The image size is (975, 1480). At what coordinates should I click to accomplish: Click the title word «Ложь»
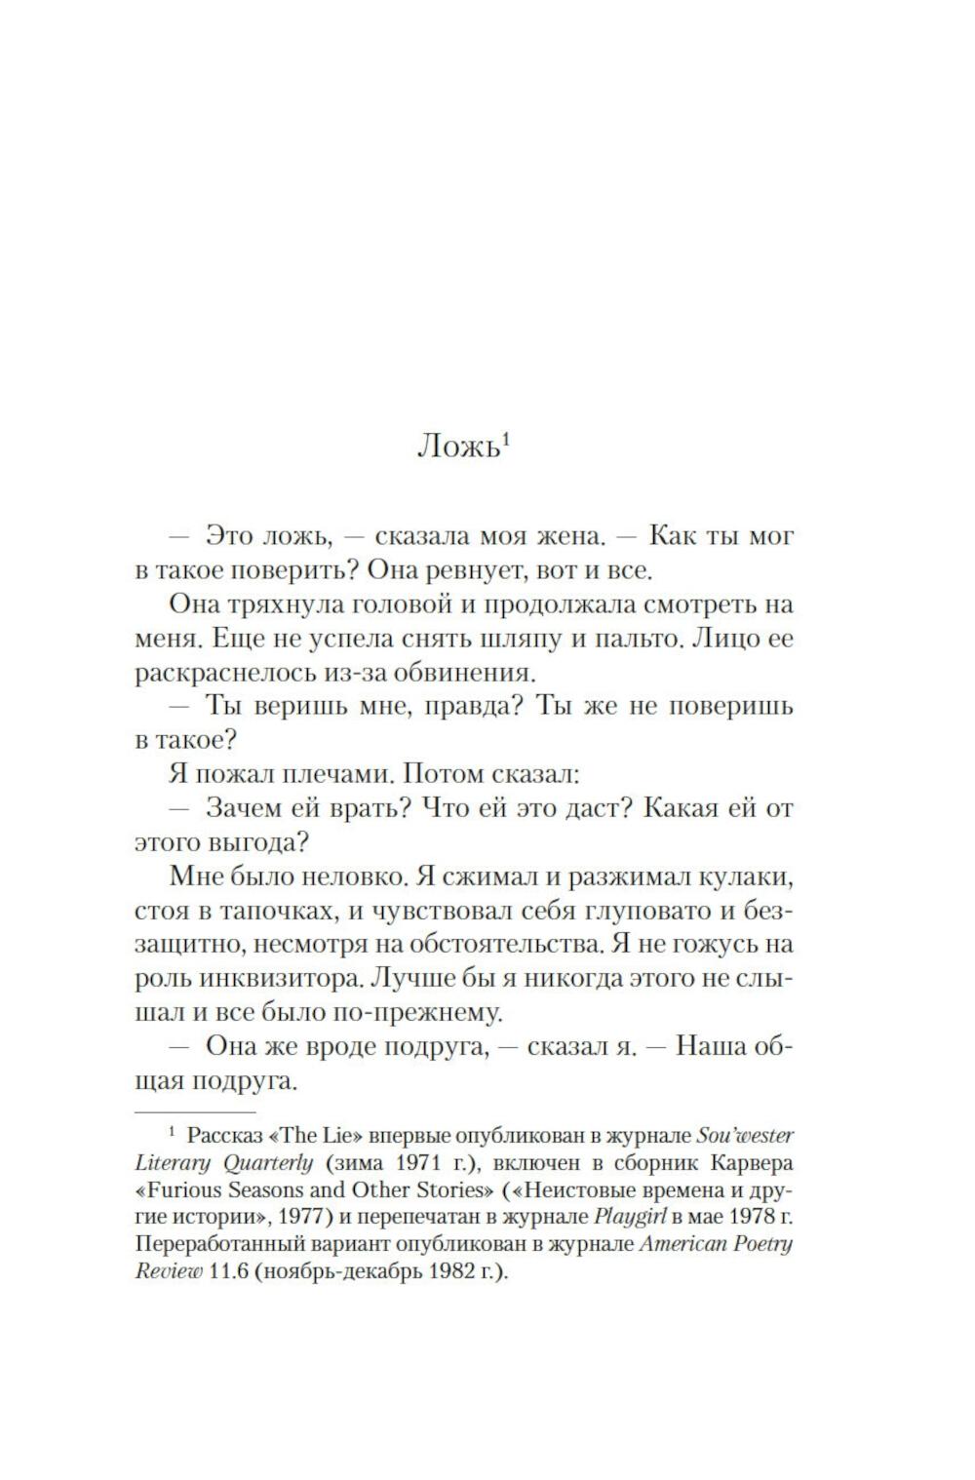coord(457,448)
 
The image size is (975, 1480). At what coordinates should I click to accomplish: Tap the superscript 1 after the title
coord(506,439)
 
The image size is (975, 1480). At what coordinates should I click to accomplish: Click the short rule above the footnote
coord(195,1111)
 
